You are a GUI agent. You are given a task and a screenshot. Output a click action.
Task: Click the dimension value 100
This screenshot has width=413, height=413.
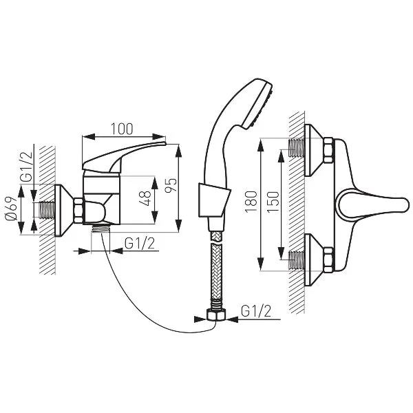pos(122,129)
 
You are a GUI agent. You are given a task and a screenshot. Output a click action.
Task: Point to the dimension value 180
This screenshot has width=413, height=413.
pos(251,202)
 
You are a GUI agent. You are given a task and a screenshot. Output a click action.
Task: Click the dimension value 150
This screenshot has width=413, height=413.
pos(273,202)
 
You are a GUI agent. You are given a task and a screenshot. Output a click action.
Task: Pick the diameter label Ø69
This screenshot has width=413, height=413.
pos(11,209)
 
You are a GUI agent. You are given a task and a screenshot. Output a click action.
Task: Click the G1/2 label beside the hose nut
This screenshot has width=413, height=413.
pos(256,311)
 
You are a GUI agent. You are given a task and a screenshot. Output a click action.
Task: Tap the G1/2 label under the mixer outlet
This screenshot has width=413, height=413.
pos(140,244)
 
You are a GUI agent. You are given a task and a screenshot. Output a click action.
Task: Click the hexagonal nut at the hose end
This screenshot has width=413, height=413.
pos(215,315)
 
